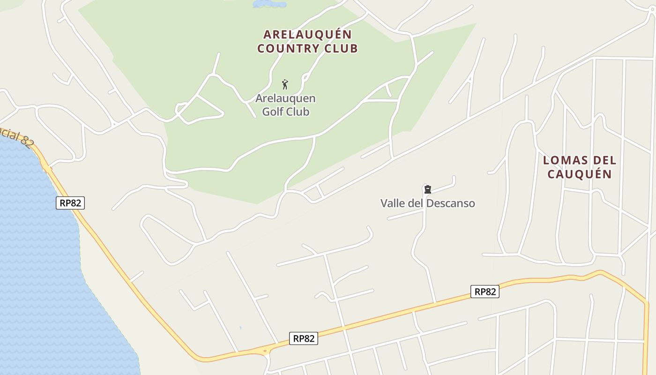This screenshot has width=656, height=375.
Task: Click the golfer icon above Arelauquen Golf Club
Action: click(x=285, y=84)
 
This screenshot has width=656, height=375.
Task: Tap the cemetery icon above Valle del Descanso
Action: click(x=427, y=189)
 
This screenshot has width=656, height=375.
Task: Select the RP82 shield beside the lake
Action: click(x=70, y=203)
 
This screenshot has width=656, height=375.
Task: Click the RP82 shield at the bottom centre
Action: click(x=304, y=338)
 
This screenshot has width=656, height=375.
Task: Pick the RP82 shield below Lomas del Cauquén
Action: click(x=485, y=292)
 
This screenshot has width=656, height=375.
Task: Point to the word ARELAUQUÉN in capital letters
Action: click(x=307, y=35)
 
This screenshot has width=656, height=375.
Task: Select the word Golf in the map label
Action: click(x=273, y=112)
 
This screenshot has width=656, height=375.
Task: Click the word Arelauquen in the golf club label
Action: click(x=285, y=98)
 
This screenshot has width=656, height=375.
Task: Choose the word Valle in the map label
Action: click(x=393, y=203)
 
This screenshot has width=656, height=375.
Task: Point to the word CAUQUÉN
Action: click(x=580, y=174)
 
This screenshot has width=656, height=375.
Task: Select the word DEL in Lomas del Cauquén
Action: click(x=604, y=160)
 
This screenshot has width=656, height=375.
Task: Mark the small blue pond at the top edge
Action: click(x=269, y=4)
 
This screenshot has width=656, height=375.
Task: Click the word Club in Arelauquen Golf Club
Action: click(x=299, y=112)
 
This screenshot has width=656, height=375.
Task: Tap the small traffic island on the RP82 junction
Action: click(x=265, y=351)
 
